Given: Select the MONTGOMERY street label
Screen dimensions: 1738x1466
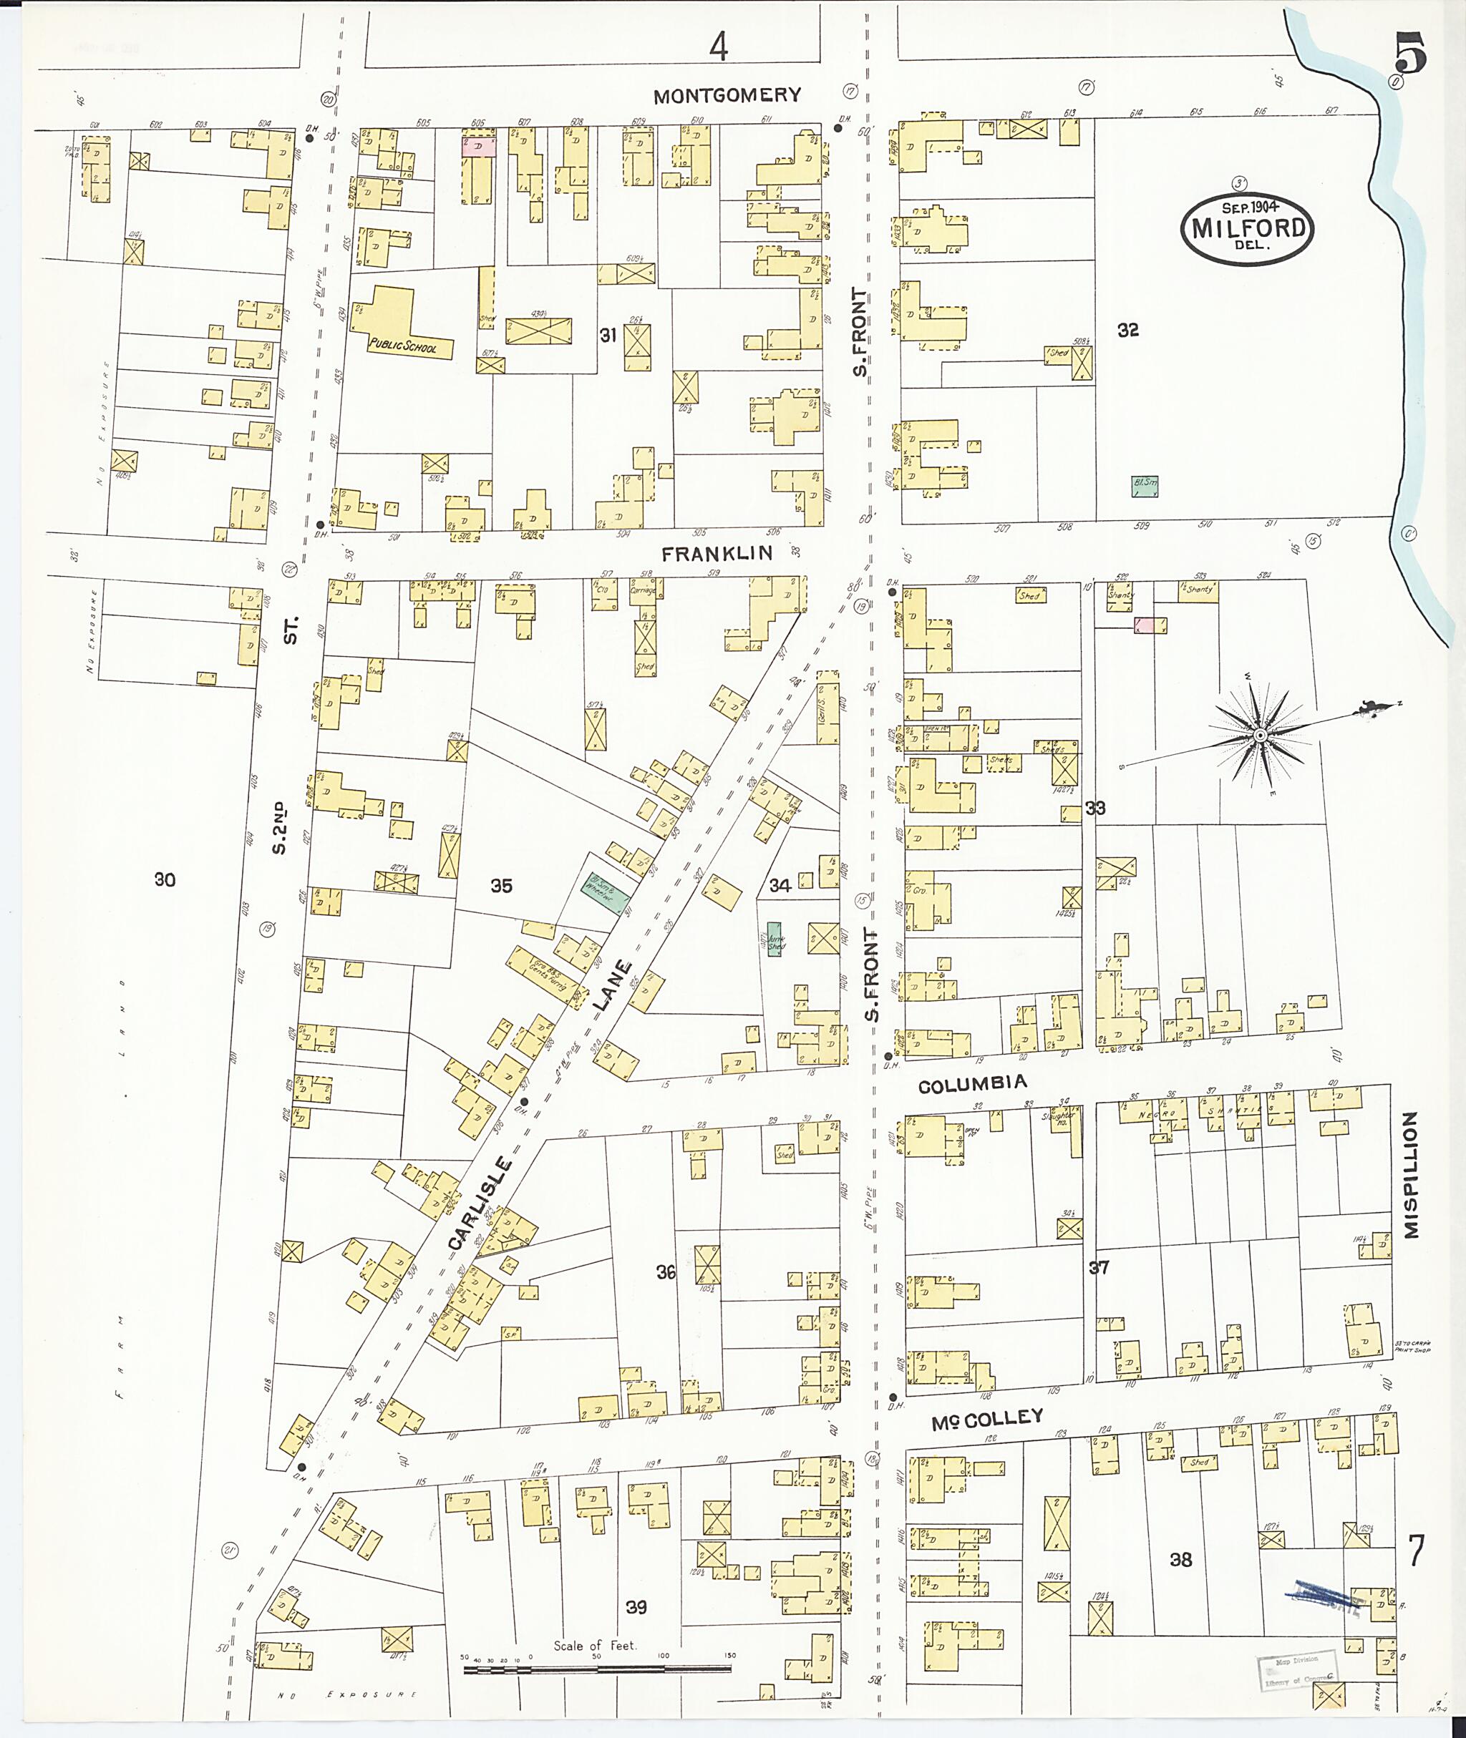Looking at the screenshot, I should pyautogui.click(x=727, y=96).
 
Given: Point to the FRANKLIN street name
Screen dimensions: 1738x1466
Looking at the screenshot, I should pyautogui.click(x=717, y=552).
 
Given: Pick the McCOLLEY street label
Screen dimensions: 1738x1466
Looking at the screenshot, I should pyautogui.click(x=986, y=1418).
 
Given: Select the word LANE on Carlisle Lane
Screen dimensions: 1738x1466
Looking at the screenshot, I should pyautogui.click(x=613, y=986).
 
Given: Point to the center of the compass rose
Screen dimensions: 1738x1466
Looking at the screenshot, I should pyautogui.click(x=1260, y=736).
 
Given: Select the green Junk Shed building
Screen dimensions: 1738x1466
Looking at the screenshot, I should pyautogui.click(x=775, y=939).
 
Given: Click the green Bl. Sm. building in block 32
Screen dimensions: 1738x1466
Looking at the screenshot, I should pyautogui.click(x=1145, y=486).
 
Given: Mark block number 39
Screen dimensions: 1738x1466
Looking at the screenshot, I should pyautogui.click(x=636, y=1607).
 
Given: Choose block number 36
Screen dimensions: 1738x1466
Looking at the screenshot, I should pyautogui.click(x=666, y=1272).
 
